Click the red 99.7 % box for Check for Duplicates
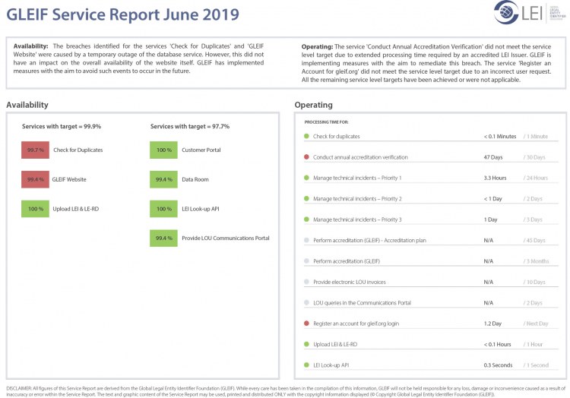coord(35,150)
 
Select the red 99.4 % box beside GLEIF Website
coord(35,179)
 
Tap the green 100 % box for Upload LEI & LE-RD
coord(35,208)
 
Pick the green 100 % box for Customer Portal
coord(163,150)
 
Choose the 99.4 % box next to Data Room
coord(163,179)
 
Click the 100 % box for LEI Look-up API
coord(163,208)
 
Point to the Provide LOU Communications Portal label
coord(225,238)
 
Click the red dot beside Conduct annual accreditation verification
coord(306,157)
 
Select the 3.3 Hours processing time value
coord(496,178)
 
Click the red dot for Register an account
coord(306,324)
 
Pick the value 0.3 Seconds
coord(498,365)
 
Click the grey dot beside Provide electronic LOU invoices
coord(306,282)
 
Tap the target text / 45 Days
coord(535,240)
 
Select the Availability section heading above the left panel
coord(27,105)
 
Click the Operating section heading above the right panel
coord(313,105)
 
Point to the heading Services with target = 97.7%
coord(190,126)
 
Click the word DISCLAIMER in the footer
coord(20,387)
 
